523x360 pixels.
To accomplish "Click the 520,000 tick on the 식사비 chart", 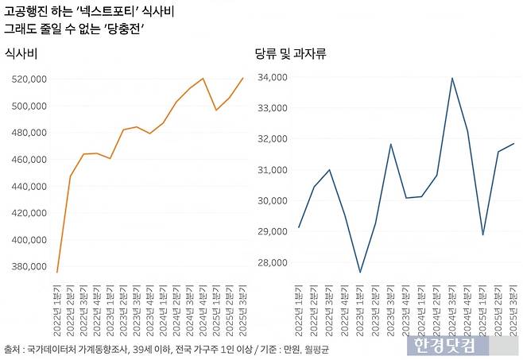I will coord(29,79).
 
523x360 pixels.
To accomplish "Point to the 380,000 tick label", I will coord(29,266).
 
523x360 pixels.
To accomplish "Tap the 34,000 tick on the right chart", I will coord(273,77).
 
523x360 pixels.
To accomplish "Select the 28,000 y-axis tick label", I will coord(273,262).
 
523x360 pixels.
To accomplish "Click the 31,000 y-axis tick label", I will coord(273,170).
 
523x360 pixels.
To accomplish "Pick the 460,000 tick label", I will coord(29,159).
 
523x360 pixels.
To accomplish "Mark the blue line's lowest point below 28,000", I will coord(360,273).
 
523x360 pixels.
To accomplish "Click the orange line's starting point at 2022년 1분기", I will coord(57,273).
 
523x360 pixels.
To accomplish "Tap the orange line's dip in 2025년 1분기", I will coord(215,110).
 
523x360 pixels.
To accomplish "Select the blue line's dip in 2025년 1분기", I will coord(482,234).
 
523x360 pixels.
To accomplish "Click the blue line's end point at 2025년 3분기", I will coord(513,144).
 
